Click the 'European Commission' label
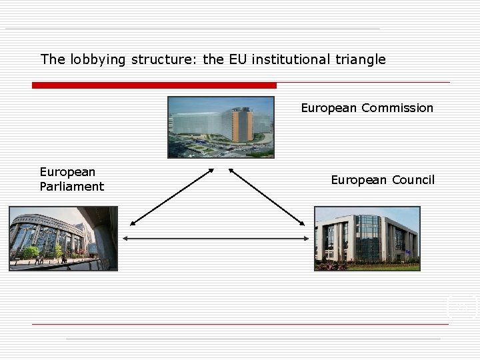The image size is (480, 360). click(367, 108)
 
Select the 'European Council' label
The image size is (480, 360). click(383, 180)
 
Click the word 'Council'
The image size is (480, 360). click(413, 180)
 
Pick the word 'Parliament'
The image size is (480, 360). click(72, 187)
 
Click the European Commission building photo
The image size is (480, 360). click(221, 127)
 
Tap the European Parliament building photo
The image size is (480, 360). click(63, 238)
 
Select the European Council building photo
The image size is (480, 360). click(367, 238)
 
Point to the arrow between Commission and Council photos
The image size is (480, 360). click(267, 197)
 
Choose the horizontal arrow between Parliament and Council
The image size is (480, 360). click(216, 238)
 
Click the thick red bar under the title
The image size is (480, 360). click(154, 85)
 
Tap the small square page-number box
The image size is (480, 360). click(461, 306)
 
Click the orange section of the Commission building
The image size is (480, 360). click(241, 127)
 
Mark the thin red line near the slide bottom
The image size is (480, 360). click(240, 324)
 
